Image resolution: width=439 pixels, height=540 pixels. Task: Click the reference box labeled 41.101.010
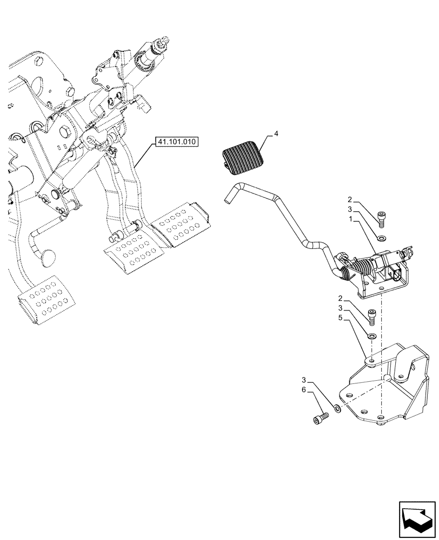[177, 143]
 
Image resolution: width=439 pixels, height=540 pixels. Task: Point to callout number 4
[276, 133]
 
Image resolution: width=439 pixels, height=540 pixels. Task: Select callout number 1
[352, 220]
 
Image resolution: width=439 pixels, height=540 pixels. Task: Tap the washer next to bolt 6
[337, 409]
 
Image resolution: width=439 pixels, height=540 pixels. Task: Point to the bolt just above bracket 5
[371, 315]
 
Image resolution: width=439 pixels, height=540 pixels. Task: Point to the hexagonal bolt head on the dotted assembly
[65, 133]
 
